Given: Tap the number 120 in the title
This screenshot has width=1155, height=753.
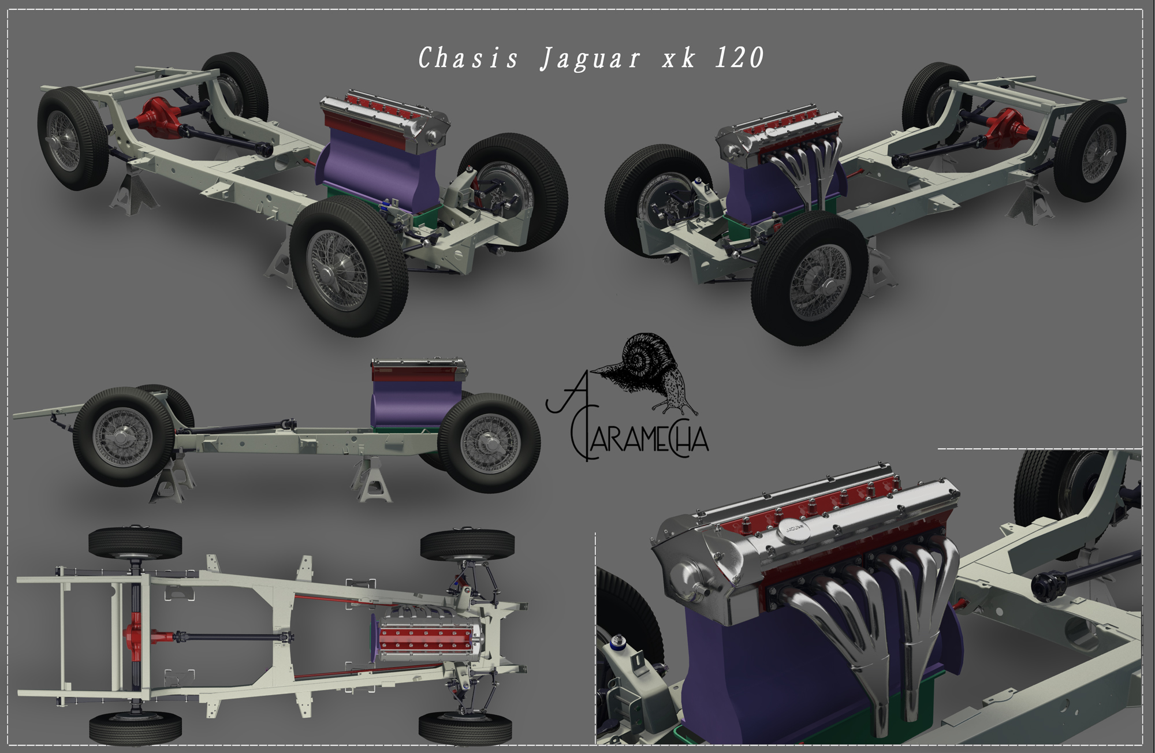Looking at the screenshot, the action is (x=740, y=58).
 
